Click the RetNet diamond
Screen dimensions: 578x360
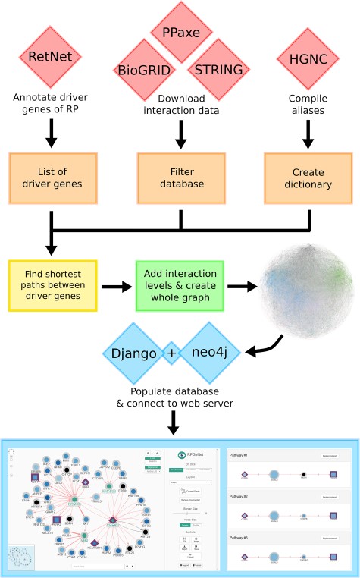(x=52, y=57)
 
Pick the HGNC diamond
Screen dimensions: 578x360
(x=309, y=57)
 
